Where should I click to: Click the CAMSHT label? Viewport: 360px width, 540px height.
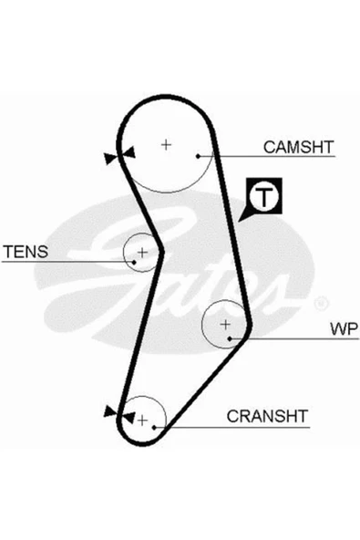[298, 147]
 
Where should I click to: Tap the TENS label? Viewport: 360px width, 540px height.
[26, 252]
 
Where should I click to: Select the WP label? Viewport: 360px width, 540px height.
[344, 329]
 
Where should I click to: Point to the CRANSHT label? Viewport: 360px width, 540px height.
[267, 416]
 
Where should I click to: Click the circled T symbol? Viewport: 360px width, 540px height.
[264, 196]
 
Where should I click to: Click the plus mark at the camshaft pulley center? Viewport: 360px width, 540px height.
[166, 145]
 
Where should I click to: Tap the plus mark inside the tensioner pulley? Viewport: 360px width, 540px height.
[142, 253]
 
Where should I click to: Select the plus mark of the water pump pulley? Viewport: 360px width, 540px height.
[225, 325]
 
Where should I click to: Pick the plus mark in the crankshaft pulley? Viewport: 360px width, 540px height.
[142, 421]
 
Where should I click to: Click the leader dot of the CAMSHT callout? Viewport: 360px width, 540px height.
[198, 156]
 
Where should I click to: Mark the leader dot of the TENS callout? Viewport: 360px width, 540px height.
[134, 263]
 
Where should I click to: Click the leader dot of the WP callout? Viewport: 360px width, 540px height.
[230, 339]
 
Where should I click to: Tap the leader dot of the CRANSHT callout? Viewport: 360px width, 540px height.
[155, 428]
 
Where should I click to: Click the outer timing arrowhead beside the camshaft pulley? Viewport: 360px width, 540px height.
[111, 159]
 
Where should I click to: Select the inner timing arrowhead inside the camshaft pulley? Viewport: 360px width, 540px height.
[129, 151]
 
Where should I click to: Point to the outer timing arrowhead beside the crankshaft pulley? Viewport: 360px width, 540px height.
[110, 411]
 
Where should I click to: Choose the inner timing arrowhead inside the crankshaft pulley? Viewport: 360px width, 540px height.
[128, 418]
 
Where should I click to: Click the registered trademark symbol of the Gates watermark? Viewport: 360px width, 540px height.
[322, 304]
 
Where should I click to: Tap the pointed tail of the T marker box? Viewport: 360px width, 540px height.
[239, 221]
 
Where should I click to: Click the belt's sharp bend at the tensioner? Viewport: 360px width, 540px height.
[161, 252]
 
